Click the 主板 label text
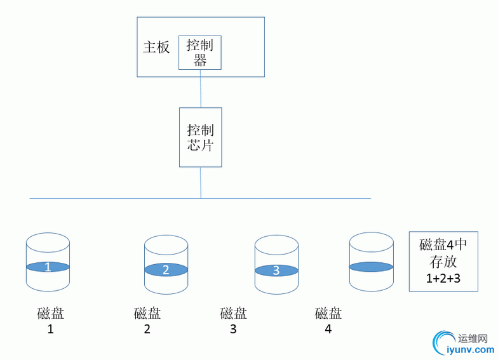tap(156, 48)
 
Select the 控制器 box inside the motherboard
tap(200, 52)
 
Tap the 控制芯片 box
tap(200, 137)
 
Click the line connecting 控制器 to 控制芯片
tap(201, 88)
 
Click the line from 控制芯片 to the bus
tap(201, 183)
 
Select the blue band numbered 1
tap(48, 267)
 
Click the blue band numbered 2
tap(166, 270)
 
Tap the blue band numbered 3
tap(276, 270)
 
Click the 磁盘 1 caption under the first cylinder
tap(50, 321)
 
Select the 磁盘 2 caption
tap(147, 321)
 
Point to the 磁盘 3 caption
tap(233, 321)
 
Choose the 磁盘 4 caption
tap(328, 321)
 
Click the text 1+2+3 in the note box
tap(443, 277)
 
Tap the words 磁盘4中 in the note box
tap(443, 245)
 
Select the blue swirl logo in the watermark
tap(442, 343)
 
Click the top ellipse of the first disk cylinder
tap(48, 242)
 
